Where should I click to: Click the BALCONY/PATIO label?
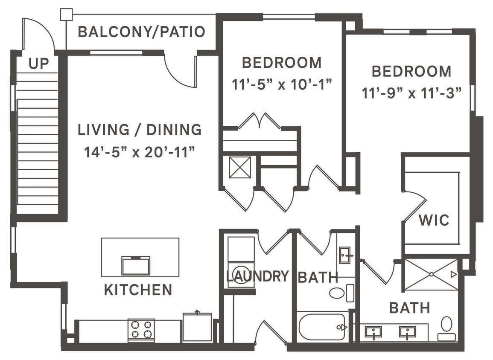click(141, 32)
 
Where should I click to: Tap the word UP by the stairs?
click(38, 64)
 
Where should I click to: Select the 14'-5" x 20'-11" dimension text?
click(140, 152)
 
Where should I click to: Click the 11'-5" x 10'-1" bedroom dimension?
click(282, 84)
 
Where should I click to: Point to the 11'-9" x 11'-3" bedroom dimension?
click(412, 93)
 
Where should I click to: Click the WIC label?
click(434, 221)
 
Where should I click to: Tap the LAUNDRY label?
click(257, 276)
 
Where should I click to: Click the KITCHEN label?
click(138, 290)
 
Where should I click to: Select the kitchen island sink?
click(136, 266)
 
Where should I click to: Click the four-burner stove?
click(141, 330)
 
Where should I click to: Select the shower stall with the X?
click(431, 274)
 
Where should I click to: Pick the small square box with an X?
click(240, 167)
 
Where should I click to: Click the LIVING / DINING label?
click(140, 130)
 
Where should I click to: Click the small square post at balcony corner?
click(66, 14)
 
